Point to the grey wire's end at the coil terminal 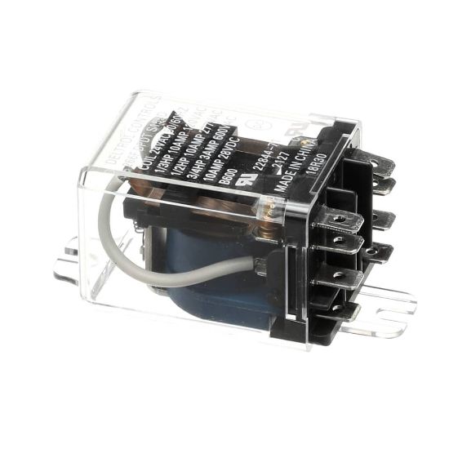pos(260,265)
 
